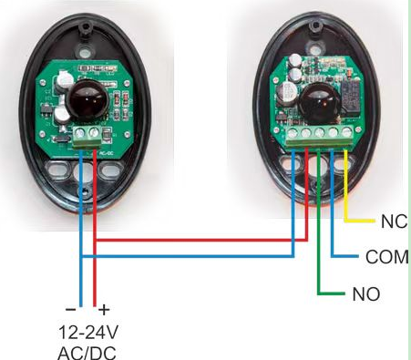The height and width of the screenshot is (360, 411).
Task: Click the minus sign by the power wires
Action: coord(70,310)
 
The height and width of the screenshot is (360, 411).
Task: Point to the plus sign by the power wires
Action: coord(104,310)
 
